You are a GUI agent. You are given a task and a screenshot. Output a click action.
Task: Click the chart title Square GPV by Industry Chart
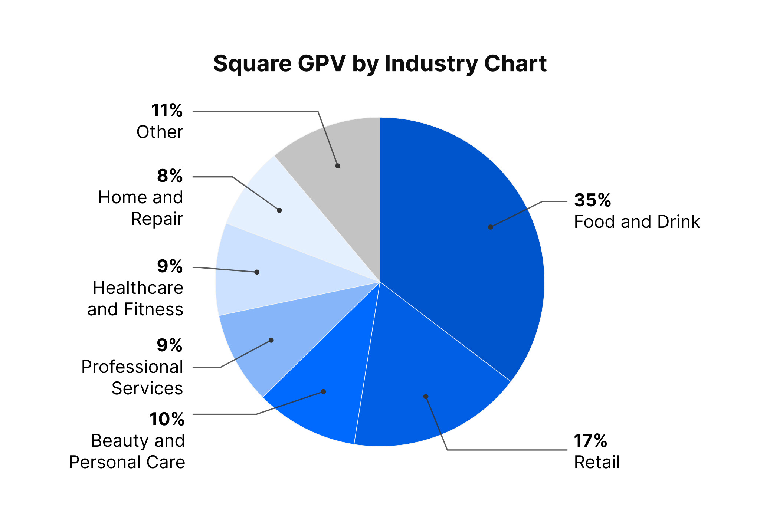click(380, 63)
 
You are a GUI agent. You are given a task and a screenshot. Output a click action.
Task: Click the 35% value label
click(592, 200)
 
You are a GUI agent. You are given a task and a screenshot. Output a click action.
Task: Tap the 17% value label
click(590, 441)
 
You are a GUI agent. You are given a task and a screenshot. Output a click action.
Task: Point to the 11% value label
click(167, 111)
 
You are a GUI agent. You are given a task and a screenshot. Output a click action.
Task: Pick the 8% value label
click(170, 176)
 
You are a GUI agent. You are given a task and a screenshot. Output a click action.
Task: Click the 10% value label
click(167, 419)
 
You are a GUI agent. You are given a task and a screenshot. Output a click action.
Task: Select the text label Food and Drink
click(637, 222)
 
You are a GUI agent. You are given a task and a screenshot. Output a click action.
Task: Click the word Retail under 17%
click(597, 462)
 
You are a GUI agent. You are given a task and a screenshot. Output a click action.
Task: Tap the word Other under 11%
click(160, 132)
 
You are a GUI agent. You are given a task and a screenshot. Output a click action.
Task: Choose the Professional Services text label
click(132, 378)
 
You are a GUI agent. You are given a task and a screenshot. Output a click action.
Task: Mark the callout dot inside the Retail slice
click(426, 397)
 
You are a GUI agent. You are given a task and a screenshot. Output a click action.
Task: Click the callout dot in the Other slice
click(338, 166)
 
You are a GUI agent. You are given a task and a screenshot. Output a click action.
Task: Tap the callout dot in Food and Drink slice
click(491, 227)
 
